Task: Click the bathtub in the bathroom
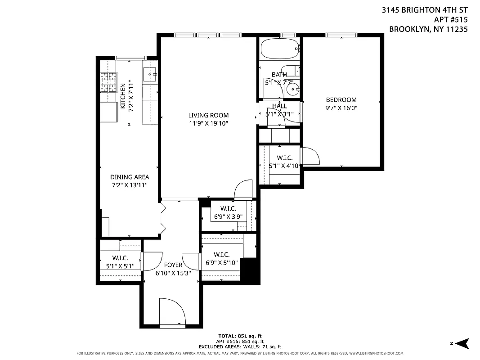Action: click(279, 49)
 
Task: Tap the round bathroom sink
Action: click(293, 89)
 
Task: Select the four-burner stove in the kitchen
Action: click(108, 81)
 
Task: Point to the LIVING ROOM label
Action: click(208, 115)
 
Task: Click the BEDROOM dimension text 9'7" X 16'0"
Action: click(341, 108)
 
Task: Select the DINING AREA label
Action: click(130, 177)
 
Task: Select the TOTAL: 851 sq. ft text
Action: click(240, 336)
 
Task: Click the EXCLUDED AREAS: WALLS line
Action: click(240, 346)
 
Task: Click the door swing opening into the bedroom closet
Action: click(310, 156)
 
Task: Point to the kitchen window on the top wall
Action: click(130, 58)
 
